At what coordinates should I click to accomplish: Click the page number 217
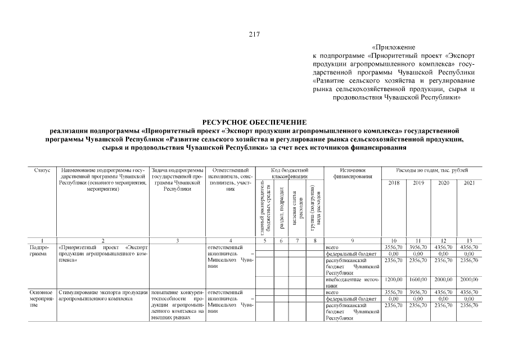tap(254, 34)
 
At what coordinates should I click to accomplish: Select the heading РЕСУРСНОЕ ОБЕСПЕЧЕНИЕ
tap(254, 122)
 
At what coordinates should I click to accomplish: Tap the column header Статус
tap(42, 170)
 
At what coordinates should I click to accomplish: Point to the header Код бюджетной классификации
tap(289, 173)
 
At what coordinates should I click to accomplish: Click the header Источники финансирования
tap(353, 173)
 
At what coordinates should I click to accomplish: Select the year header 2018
tap(393, 183)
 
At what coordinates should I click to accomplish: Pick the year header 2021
tap(468, 183)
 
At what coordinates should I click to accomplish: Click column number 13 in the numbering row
tap(468, 240)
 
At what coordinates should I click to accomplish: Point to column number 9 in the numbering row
tap(353, 240)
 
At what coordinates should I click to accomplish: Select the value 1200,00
tap(393, 280)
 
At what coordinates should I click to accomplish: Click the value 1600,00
tap(418, 280)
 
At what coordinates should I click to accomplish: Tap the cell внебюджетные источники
tap(353, 282)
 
